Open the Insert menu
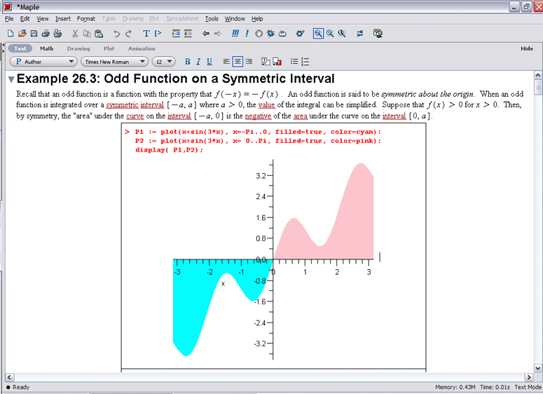(x=62, y=19)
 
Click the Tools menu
(x=211, y=19)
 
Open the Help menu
(x=257, y=19)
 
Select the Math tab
(x=46, y=48)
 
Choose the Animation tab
(x=142, y=48)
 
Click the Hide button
(x=527, y=48)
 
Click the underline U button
(x=209, y=62)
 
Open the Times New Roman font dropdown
(x=115, y=62)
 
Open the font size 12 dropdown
(x=163, y=62)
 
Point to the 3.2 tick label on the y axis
(x=261, y=176)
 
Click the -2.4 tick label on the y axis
(x=260, y=323)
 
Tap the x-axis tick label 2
(x=337, y=273)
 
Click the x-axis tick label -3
(x=177, y=273)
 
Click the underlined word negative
(x=258, y=116)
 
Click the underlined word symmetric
(x=122, y=104)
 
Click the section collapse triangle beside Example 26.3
(x=11, y=80)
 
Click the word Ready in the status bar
(x=21, y=387)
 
